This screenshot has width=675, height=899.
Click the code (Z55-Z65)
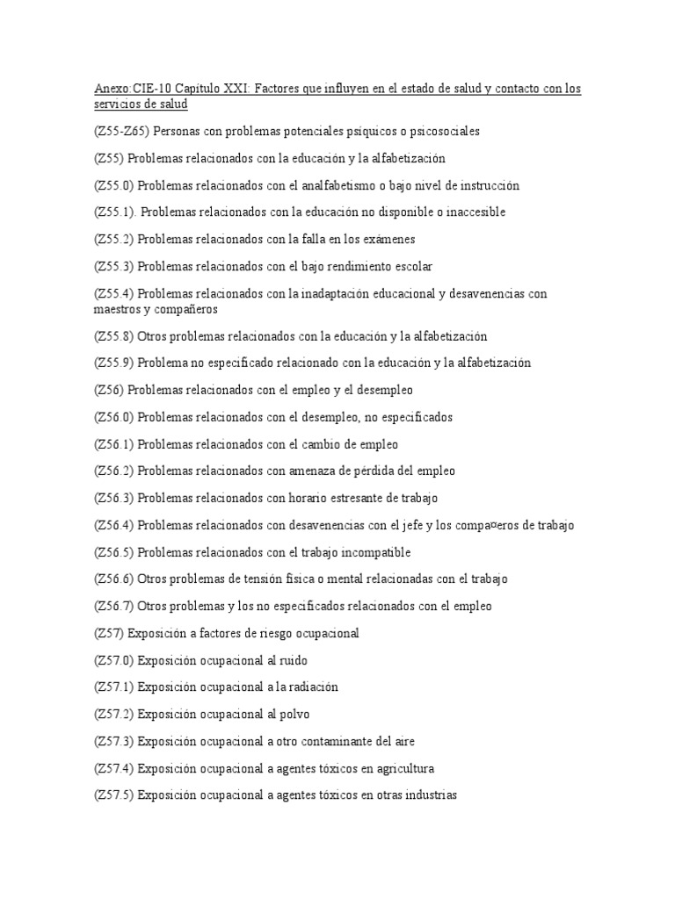coord(122,132)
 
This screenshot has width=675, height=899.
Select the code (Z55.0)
coord(114,185)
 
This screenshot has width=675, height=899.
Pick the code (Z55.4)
coord(114,293)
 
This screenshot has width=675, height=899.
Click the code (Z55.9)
coord(114,363)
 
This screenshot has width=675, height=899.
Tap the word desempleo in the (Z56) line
coord(383,390)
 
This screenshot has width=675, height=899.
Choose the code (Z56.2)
coord(114,471)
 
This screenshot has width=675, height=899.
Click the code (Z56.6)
coord(114,579)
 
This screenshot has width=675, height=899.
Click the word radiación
coord(308,687)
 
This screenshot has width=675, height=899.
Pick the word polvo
coord(292,714)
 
